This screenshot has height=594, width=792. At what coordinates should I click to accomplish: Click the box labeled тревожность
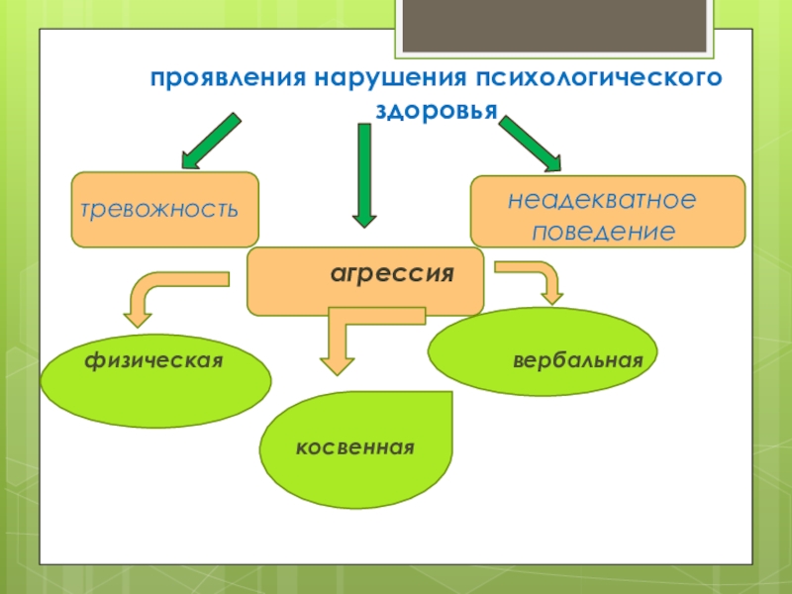point(164,209)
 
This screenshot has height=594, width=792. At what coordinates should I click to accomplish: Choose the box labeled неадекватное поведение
point(607,211)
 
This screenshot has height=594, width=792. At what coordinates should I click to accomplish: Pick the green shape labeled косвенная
point(355,448)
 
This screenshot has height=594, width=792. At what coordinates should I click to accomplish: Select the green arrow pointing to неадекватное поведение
point(529,143)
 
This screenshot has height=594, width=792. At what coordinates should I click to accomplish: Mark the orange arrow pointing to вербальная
point(535,278)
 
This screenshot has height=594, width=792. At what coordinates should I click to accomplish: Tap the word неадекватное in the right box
point(603,199)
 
